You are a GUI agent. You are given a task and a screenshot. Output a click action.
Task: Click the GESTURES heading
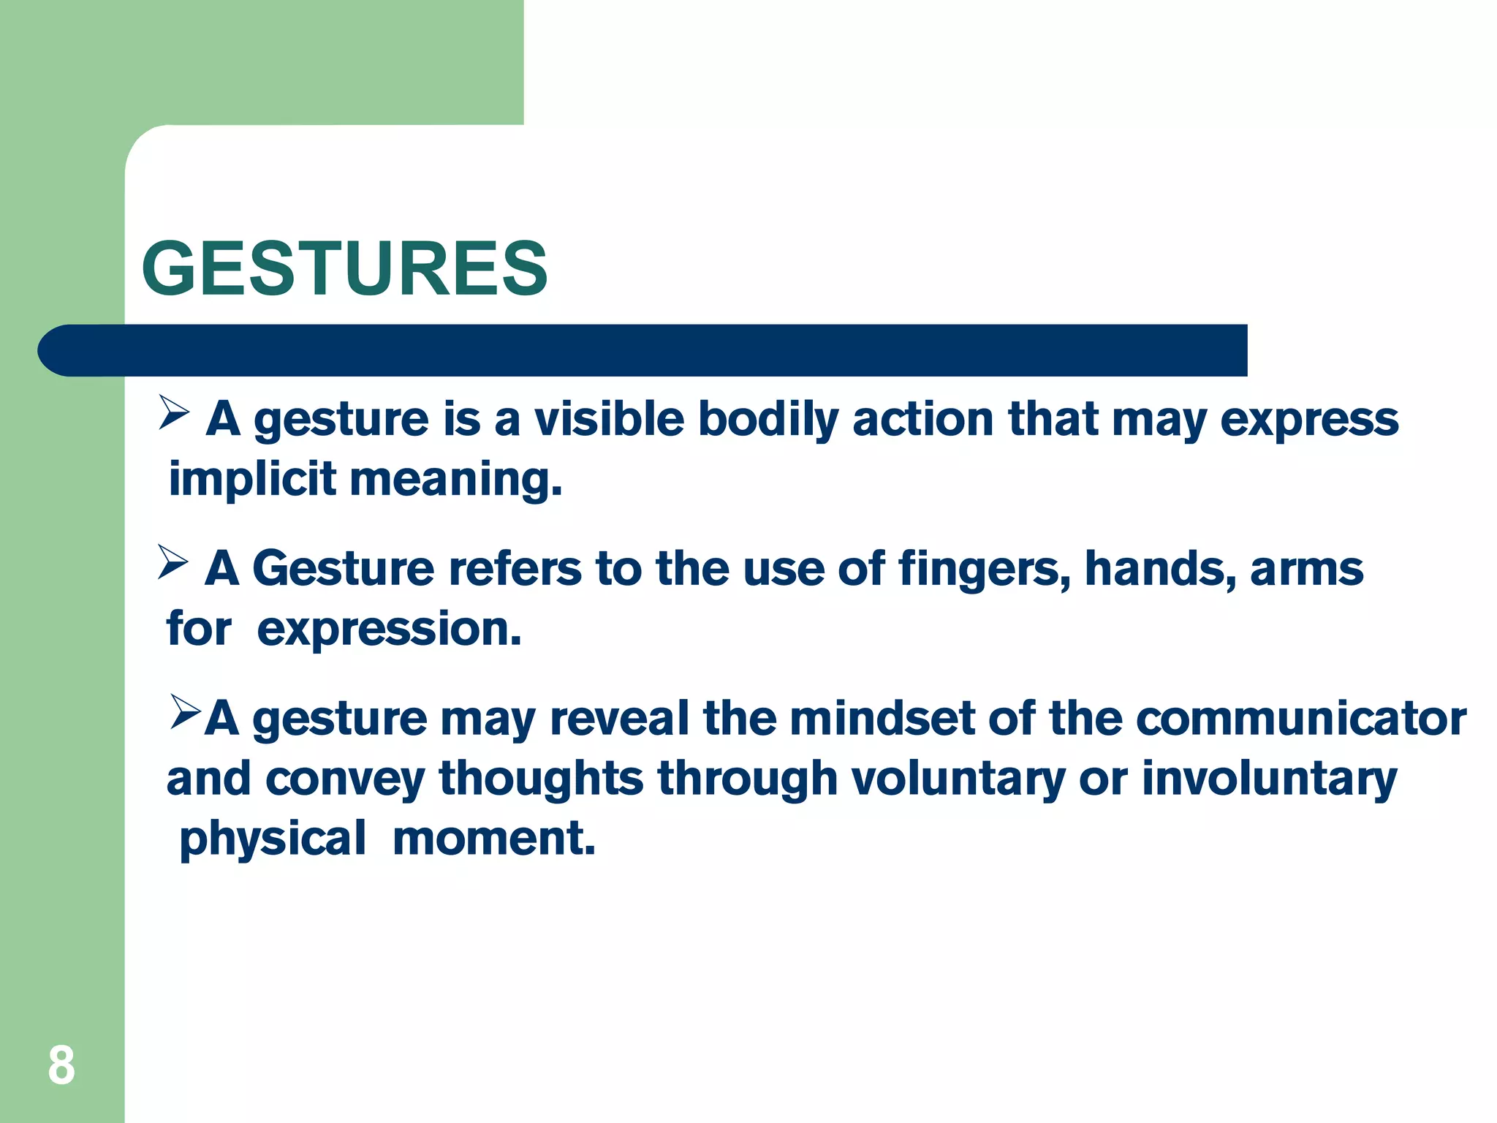tap(344, 268)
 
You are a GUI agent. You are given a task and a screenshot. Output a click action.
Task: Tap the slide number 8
tap(61, 1065)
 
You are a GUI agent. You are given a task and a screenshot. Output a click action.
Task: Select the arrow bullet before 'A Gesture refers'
tap(173, 562)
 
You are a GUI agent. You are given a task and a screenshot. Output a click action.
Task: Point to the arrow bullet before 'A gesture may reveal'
tap(186, 712)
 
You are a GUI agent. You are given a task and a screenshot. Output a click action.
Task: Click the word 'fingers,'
tap(984, 570)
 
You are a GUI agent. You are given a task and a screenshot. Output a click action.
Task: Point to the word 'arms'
tap(1306, 570)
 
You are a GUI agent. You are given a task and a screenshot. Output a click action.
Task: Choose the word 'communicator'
tap(1300, 718)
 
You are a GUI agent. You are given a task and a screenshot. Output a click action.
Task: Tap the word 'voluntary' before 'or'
tap(958, 779)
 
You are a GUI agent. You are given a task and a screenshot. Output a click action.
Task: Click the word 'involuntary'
tap(1269, 779)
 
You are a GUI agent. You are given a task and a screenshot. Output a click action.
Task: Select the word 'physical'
tap(273, 839)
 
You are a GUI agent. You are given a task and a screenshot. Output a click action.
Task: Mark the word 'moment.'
tap(494, 838)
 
